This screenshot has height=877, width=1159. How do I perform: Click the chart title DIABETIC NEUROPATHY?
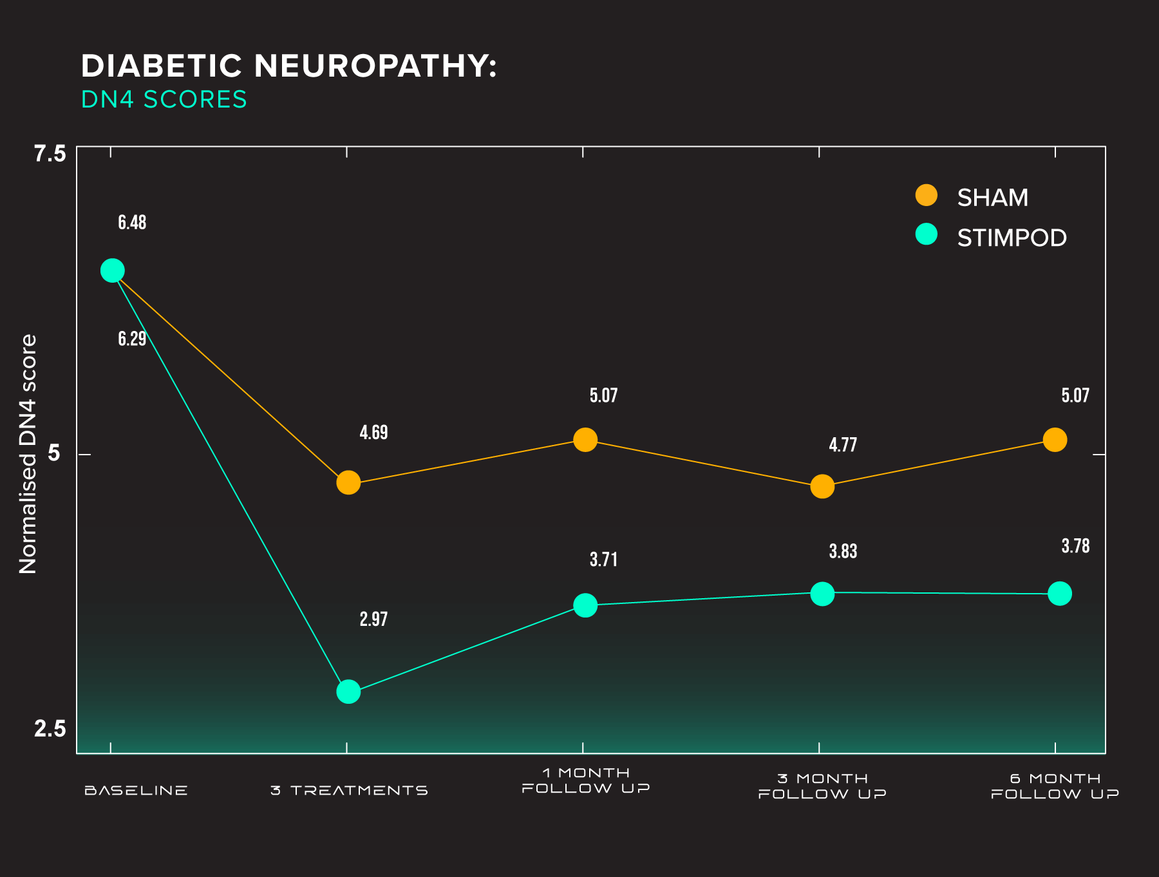coord(288,66)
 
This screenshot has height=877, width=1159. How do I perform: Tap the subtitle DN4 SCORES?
coord(164,100)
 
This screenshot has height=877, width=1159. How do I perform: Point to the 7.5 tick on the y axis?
coord(50,154)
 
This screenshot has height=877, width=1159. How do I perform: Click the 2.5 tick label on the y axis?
coord(50,729)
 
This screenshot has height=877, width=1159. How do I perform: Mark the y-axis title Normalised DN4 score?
coord(28,454)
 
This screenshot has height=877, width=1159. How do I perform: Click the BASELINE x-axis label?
coord(136,790)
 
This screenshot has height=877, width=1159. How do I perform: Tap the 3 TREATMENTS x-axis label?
coord(349,790)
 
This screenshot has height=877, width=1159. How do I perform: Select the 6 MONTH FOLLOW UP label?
coord(1055,786)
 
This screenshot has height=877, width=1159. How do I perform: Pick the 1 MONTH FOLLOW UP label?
coord(585,780)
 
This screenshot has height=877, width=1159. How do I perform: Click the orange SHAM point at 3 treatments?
coord(348,482)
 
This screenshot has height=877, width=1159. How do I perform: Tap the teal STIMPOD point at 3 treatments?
coord(348,692)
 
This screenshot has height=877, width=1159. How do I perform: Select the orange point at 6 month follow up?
coord(1055,440)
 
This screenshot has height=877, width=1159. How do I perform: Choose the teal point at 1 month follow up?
coord(585,605)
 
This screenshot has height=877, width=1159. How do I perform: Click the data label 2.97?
coord(373,619)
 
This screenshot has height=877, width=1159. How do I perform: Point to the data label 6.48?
coord(132,223)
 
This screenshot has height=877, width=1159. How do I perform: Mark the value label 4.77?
coord(842,445)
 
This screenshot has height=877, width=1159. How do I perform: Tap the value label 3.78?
coord(1075,547)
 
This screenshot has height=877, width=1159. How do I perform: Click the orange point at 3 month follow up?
coord(822,486)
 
